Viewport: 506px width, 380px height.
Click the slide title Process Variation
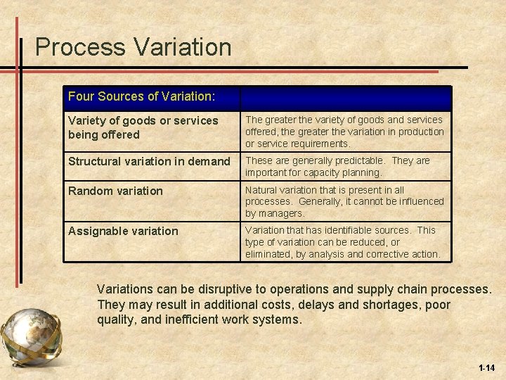[x=133, y=47]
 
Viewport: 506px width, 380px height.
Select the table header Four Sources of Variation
[x=141, y=96]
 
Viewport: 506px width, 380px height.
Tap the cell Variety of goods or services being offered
[x=143, y=127]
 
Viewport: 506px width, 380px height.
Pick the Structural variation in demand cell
[x=149, y=161]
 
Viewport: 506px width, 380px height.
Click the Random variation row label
[x=115, y=191]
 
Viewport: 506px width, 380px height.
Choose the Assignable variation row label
[x=123, y=231]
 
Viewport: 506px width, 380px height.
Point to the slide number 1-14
[x=486, y=367]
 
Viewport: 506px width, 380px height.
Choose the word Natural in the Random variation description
[x=261, y=189]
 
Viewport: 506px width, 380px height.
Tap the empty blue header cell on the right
[x=345, y=97]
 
